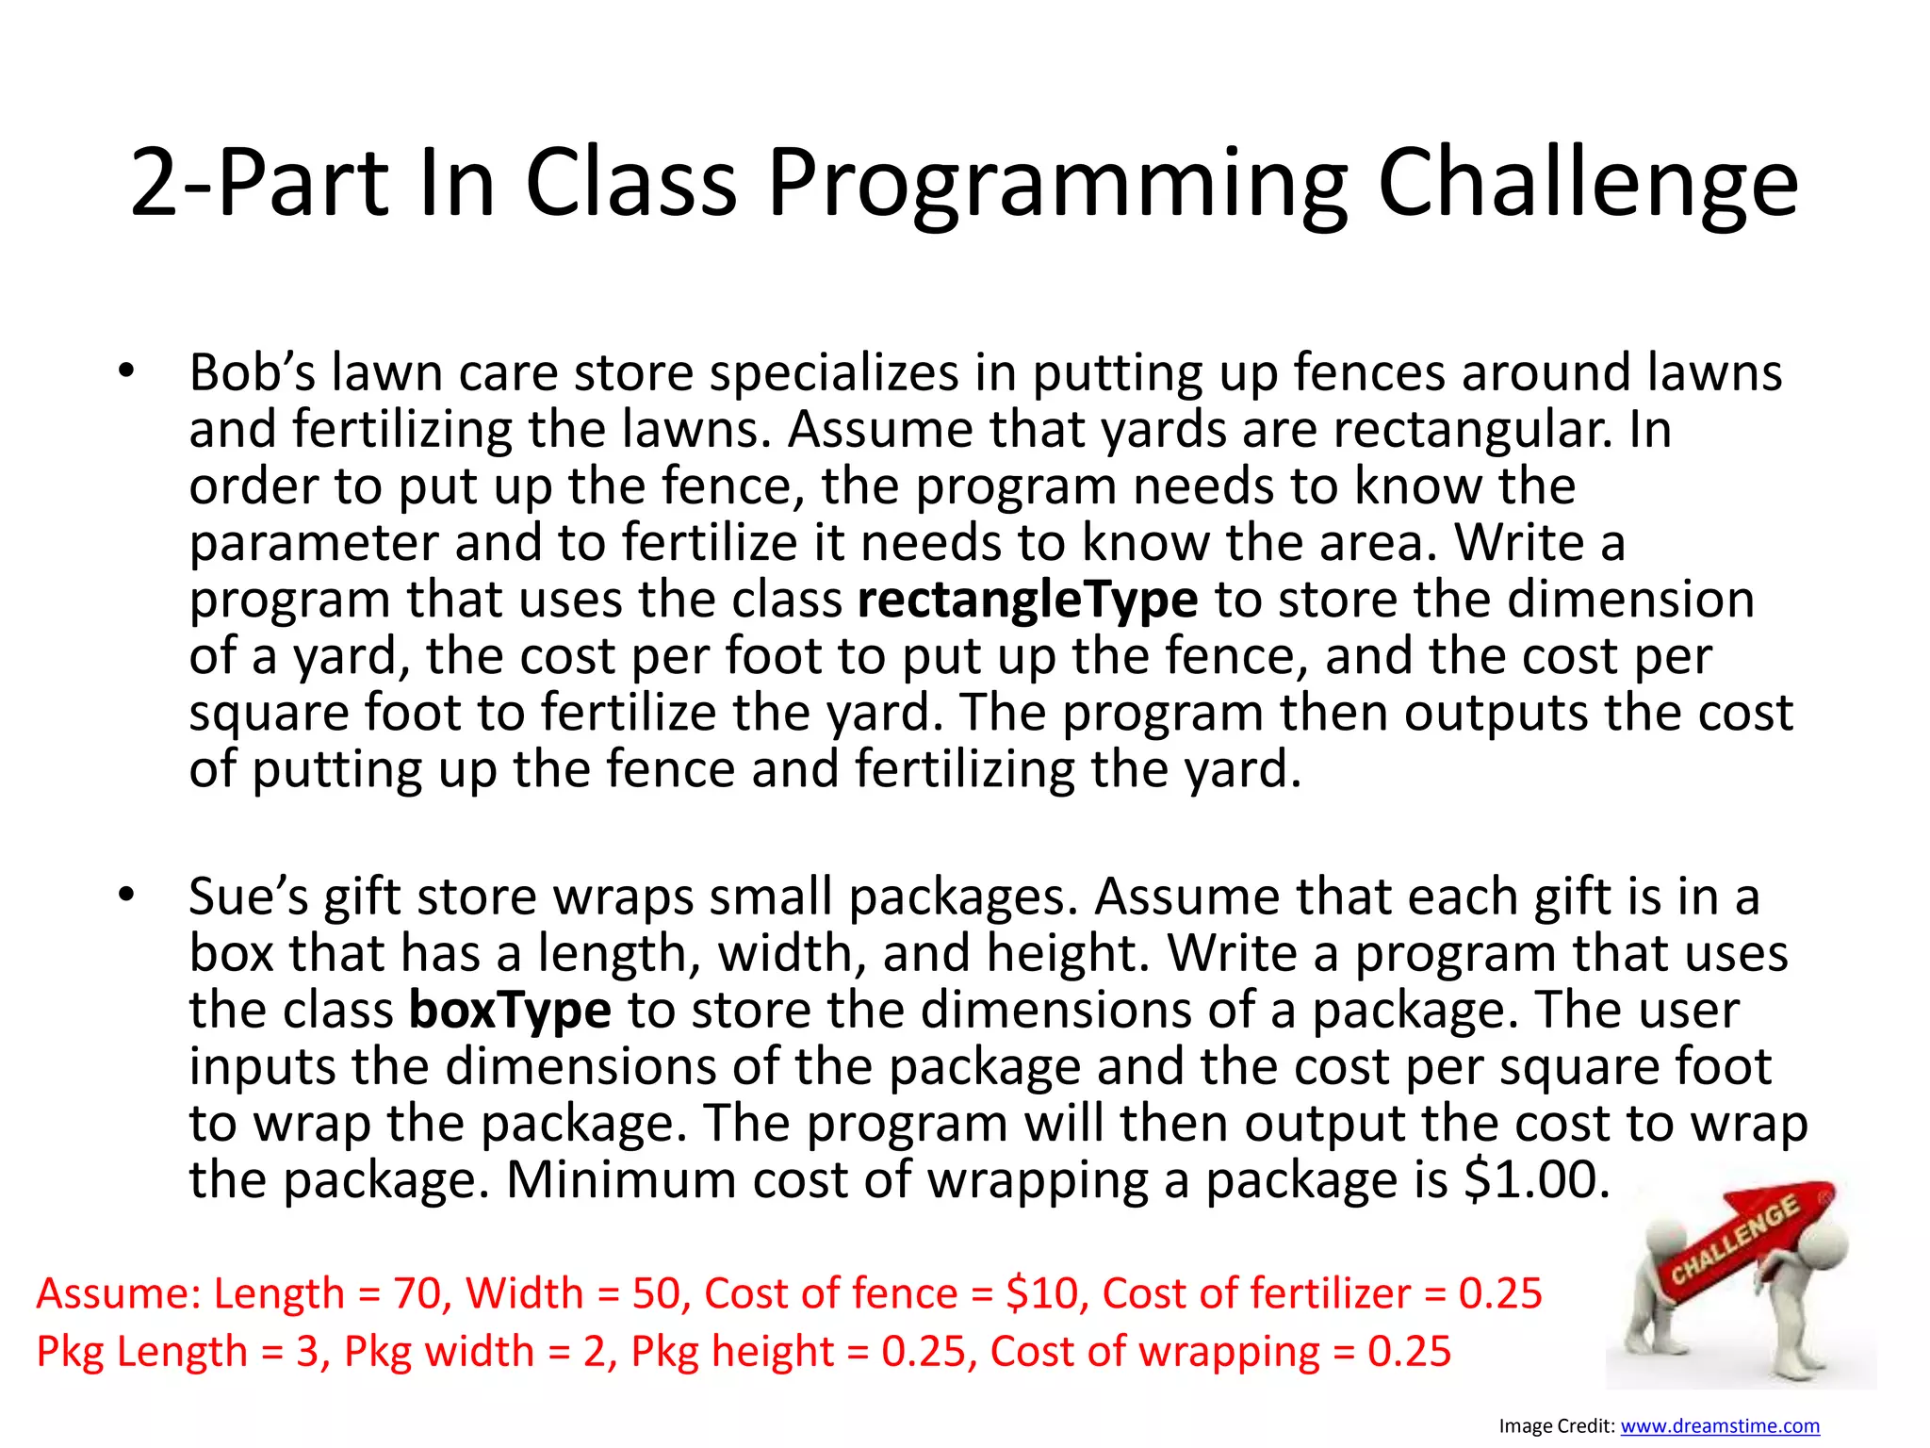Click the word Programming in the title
[1059, 184]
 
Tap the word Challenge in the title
[1588, 184]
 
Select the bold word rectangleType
[1027, 600]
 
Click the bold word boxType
[510, 1010]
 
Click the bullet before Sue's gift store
[126, 896]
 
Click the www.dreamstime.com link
[1720, 1426]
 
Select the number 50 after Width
[657, 1292]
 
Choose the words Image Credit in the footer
[1556, 1426]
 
